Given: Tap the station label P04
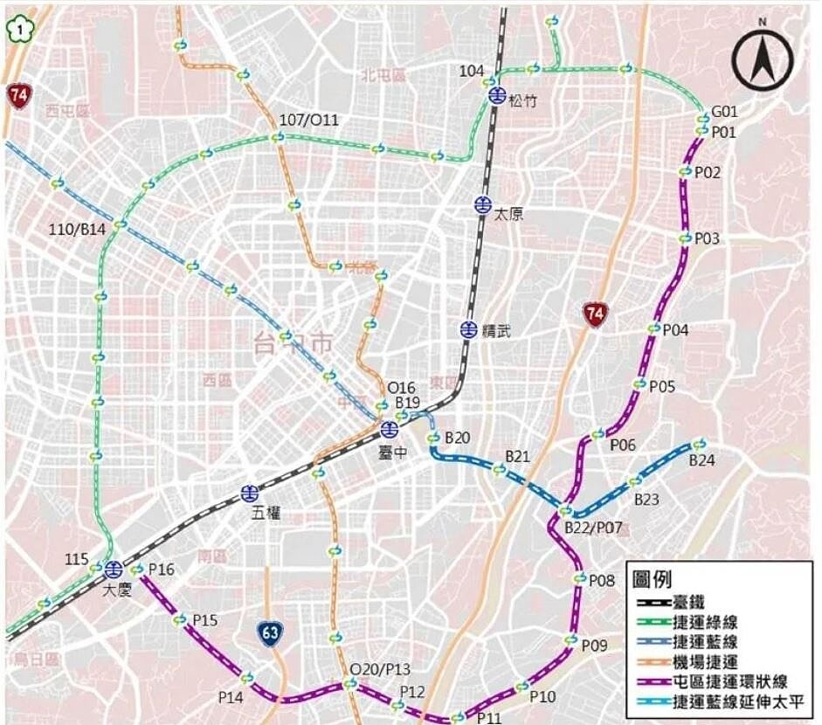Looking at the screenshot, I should (x=675, y=330).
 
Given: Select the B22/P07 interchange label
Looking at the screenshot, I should (x=593, y=528).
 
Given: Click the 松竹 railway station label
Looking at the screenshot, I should (x=522, y=100).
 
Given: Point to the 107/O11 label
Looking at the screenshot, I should (x=307, y=120).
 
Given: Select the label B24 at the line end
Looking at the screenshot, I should (x=702, y=460).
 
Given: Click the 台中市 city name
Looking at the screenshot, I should (x=294, y=342).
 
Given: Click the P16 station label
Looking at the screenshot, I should (x=162, y=570).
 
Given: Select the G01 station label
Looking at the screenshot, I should (x=724, y=112).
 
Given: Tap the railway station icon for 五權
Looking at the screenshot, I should (x=250, y=494).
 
